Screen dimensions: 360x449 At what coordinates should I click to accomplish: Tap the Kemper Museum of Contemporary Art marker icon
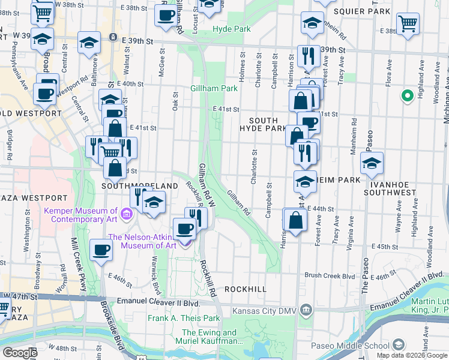click(126, 213)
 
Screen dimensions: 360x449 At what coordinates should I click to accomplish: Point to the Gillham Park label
click(214, 88)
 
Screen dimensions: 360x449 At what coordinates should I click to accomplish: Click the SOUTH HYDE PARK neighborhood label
click(263, 124)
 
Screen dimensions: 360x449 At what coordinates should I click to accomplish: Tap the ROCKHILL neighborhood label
click(245, 289)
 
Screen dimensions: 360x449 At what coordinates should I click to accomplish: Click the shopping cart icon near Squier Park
click(408, 25)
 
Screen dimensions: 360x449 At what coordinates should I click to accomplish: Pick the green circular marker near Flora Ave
click(407, 95)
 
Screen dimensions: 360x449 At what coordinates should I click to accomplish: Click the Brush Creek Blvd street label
click(330, 275)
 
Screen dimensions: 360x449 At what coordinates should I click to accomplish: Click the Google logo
click(20, 353)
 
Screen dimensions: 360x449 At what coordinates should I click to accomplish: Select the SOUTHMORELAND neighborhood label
click(131, 186)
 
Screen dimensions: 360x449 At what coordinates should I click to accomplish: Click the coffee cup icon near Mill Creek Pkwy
click(101, 250)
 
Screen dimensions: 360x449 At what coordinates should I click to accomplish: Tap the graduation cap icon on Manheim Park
click(305, 181)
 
